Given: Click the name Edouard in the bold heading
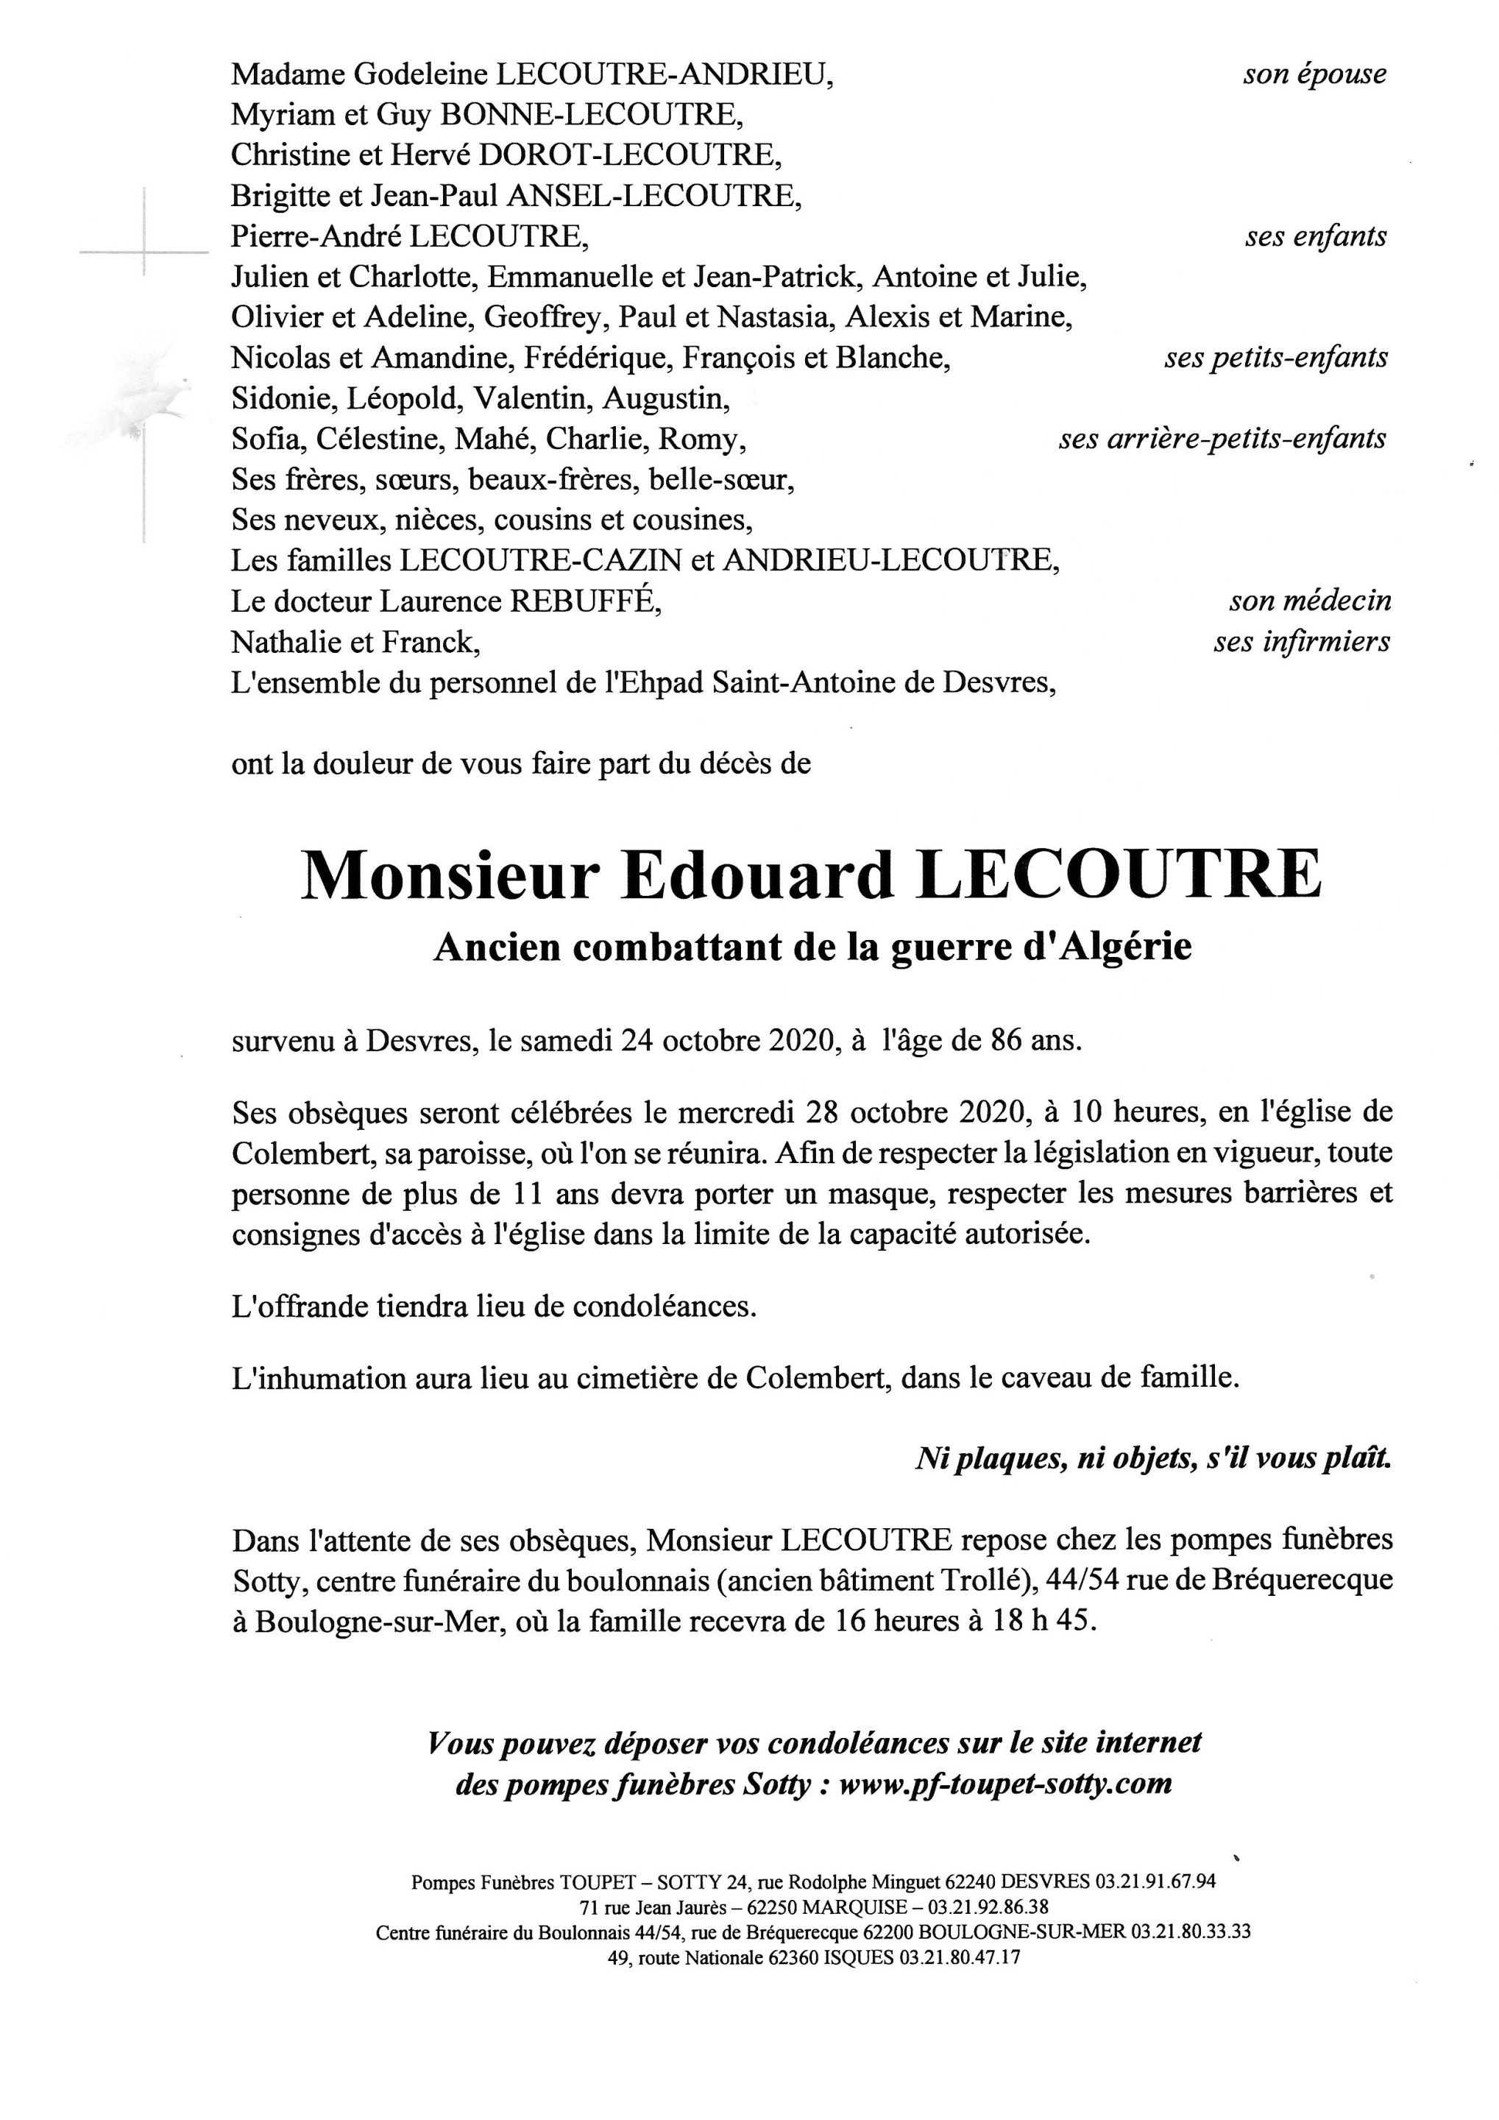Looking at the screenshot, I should click(758, 875).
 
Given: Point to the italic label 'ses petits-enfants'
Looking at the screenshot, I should click(1275, 357).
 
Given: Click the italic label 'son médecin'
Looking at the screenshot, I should click(1310, 601).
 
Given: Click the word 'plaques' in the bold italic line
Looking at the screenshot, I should click(1006, 1459).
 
